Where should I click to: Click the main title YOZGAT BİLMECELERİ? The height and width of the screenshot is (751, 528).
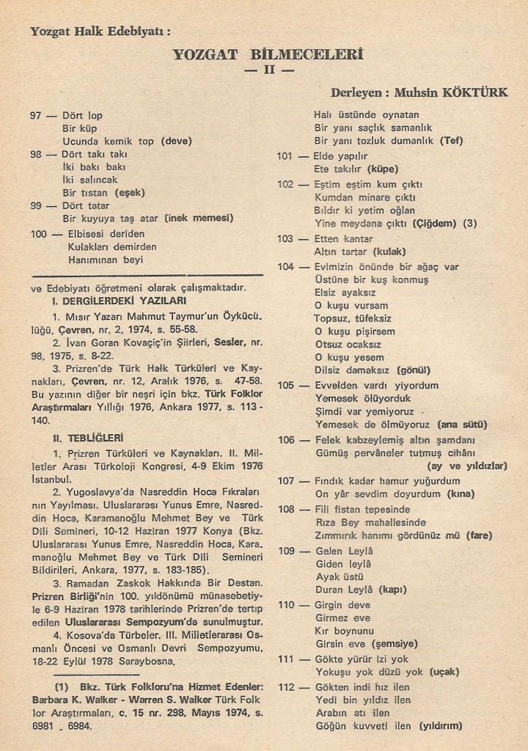268,54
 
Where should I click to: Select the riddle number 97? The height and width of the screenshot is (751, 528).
36,116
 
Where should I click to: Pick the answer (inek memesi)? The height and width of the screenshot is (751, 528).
199,218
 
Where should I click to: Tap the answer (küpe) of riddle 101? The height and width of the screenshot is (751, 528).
381,168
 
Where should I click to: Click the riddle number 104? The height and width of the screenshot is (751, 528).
285,266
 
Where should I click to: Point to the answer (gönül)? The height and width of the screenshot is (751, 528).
414,370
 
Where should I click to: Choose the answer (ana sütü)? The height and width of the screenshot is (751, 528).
461,425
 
